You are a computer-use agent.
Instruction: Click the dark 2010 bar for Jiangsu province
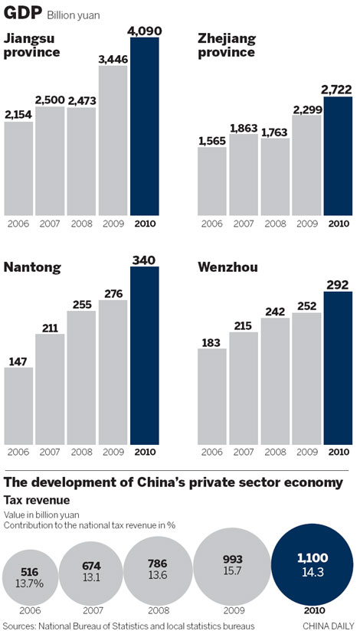click(145, 126)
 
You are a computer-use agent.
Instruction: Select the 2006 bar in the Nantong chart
click(18, 406)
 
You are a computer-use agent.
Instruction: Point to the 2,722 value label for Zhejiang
click(338, 89)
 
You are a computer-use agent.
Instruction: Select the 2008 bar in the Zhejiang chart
click(275, 176)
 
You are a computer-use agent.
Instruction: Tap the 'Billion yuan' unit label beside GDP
click(74, 15)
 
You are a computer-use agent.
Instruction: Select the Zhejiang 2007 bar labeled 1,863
click(243, 172)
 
